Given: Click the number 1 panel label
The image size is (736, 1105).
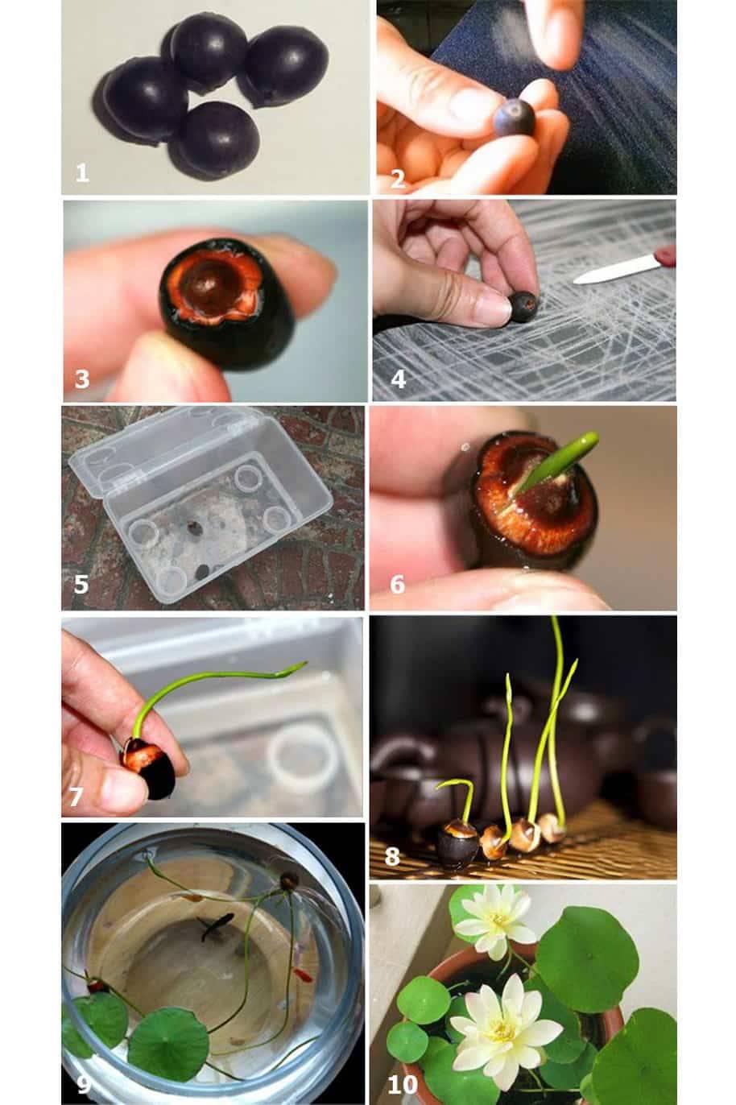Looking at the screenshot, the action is [82, 173].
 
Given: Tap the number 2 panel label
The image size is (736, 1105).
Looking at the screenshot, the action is [398, 179].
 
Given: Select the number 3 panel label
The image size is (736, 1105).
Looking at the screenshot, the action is [82, 379].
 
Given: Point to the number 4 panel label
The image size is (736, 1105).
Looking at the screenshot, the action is [399, 379].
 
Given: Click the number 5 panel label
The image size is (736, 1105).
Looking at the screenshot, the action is [81, 585].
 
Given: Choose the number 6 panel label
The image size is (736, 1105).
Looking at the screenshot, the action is [398, 585].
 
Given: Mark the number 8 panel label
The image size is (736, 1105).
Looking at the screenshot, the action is [392, 857].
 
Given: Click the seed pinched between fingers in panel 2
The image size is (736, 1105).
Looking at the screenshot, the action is [515, 117].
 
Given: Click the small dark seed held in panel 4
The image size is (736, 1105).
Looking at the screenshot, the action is [523, 307].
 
